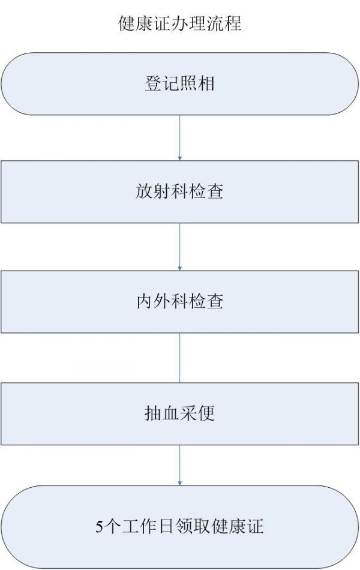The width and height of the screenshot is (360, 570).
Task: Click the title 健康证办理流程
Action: tap(179, 23)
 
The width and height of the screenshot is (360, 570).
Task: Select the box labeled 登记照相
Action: tap(179, 84)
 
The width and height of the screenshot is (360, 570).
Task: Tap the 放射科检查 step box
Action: tap(179, 192)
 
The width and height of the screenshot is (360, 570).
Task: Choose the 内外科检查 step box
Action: tap(179, 302)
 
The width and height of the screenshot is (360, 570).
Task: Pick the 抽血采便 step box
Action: tap(179, 413)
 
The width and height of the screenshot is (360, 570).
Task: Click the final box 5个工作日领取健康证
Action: tap(179, 527)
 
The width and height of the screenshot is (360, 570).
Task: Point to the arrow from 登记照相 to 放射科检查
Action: tap(179, 138)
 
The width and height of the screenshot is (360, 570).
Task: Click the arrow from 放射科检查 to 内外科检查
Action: tap(179, 247)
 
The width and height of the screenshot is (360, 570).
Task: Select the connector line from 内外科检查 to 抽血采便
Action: tap(179, 358)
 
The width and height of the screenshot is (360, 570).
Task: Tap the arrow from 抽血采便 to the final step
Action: tap(179, 466)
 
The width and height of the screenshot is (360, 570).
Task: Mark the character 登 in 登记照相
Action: tap(153, 83)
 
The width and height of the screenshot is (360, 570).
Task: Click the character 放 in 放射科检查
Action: tap(144, 191)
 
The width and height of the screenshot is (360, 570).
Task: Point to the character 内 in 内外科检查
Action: tap(145, 301)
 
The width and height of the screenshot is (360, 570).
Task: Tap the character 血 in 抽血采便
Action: tap(171, 413)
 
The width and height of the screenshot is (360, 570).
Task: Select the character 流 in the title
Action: tap(215, 23)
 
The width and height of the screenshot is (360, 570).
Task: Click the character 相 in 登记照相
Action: tap(206, 83)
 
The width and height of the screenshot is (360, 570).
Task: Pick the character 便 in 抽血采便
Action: tap(206, 413)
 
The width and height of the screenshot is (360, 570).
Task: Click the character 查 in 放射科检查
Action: tap(215, 191)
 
